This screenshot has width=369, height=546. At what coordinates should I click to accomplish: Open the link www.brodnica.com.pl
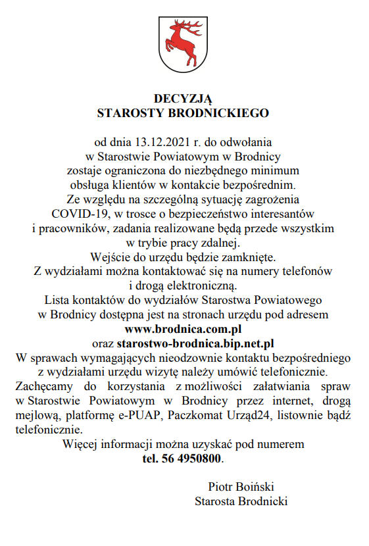pos(184,329)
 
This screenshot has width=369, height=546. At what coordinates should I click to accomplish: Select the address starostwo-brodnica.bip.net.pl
pos(195,343)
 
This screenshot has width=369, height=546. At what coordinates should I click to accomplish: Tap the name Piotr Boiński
pos(241,487)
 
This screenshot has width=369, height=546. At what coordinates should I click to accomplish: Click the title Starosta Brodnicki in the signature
pos(241,501)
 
